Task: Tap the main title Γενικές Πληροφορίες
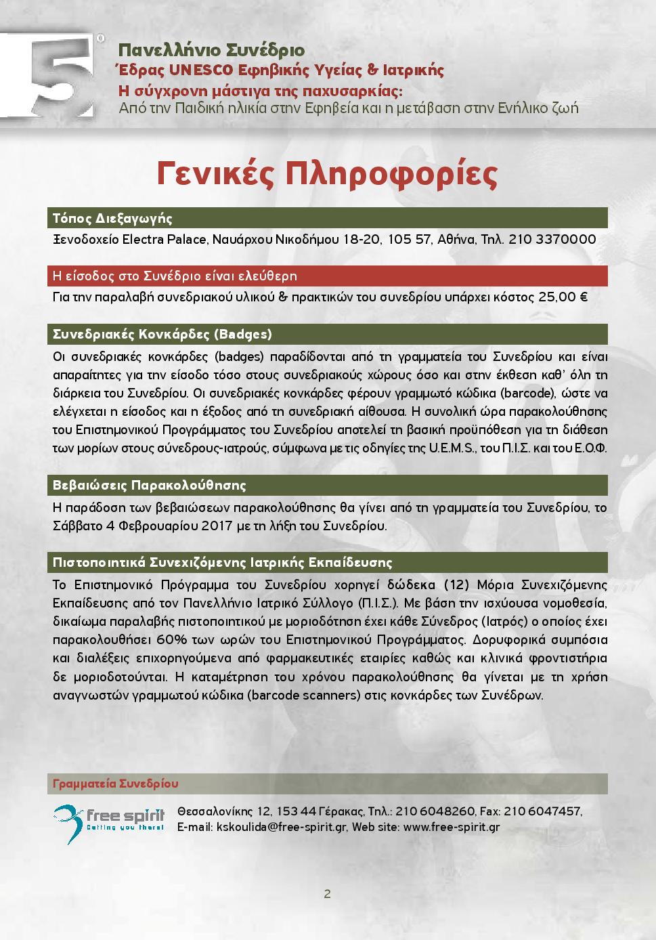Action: point(328,173)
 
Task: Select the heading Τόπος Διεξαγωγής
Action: point(112,218)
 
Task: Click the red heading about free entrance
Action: point(175,276)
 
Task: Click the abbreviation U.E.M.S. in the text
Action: point(452,448)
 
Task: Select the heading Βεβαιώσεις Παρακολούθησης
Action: point(150,485)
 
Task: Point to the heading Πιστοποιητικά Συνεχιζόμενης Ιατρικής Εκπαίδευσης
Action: point(223,563)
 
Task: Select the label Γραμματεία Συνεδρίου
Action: point(116,784)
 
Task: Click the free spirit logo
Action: point(109,820)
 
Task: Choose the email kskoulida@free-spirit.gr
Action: point(280,827)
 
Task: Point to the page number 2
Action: point(328,894)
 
